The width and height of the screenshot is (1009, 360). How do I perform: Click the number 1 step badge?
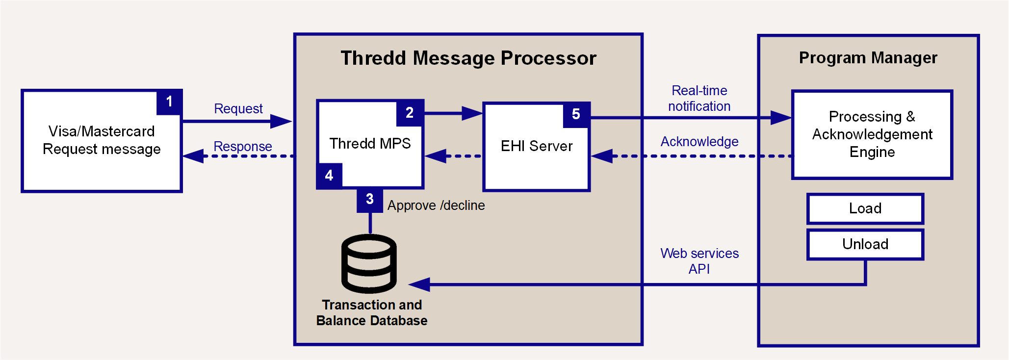(169, 103)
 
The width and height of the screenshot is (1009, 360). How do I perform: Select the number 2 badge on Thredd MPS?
(410, 113)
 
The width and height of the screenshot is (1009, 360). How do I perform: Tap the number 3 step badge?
(370, 200)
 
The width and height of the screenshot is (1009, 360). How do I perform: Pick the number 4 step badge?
(329, 176)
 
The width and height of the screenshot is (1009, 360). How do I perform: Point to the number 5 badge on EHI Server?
(576, 115)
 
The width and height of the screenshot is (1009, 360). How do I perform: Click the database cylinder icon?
(369, 263)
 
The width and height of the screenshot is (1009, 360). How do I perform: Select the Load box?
(865, 208)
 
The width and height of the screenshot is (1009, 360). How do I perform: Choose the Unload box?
(865, 244)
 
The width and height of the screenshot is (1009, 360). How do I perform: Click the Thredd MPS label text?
(370, 144)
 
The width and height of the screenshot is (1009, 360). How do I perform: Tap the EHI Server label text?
(537, 146)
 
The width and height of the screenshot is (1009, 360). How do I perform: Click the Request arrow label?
(238, 109)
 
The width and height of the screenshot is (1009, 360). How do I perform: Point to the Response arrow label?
(243, 147)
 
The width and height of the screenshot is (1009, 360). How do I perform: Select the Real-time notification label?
(699, 99)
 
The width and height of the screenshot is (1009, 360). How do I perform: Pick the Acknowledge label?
(699, 142)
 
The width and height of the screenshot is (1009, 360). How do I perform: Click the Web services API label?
(699, 261)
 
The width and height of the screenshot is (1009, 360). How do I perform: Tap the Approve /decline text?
(436, 206)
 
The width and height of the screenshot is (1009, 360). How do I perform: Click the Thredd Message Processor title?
(468, 58)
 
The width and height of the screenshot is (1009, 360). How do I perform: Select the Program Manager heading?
(868, 58)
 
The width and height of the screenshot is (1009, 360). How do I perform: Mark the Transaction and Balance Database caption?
(372, 313)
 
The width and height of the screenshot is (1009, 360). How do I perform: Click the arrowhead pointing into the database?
(419, 284)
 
